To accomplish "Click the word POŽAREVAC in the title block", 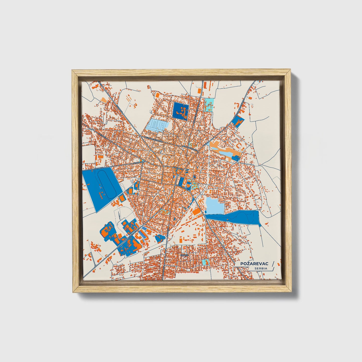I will click(x=255, y=264).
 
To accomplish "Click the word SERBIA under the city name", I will click(x=261, y=268).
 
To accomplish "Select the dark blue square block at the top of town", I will click(x=180, y=111).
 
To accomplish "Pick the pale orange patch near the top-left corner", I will click(x=103, y=99).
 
